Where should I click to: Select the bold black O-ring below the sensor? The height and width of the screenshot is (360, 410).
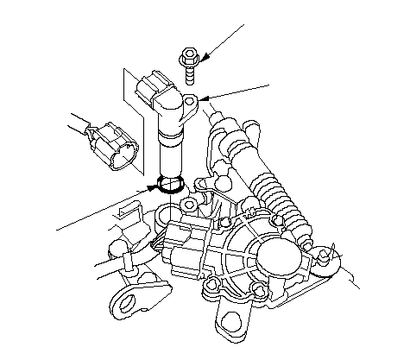pyautogui.click(x=170, y=184)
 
